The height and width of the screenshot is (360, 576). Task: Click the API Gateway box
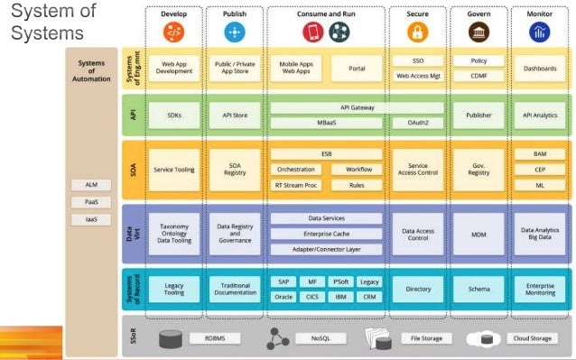pyautogui.click(x=326, y=107)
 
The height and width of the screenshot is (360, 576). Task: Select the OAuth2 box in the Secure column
pyautogui.click(x=417, y=121)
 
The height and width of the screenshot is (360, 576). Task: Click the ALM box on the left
pyautogui.click(x=90, y=185)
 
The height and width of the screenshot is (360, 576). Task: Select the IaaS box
pyautogui.click(x=90, y=219)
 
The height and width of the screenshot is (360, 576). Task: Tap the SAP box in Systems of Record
pyautogui.click(x=283, y=282)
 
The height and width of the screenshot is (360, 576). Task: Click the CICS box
pyautogui.click(x=311, y=296)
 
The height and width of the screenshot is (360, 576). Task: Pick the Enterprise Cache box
pyautogui.click(x=326, y=233)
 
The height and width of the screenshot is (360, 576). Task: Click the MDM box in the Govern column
pyautogui.click(x=478, y=232)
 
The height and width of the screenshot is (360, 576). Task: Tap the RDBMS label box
pyautogui.click(x=215, y=338)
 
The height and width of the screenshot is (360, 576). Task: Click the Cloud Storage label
pyautogui.click(x=534, y=338)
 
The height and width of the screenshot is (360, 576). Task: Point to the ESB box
pyautogui.click(x=326, y=154)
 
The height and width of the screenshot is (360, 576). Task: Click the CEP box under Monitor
pyautogui.click(x=540, y=169)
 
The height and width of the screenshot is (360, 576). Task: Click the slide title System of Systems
pyautogui.click(x=51, y=22)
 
